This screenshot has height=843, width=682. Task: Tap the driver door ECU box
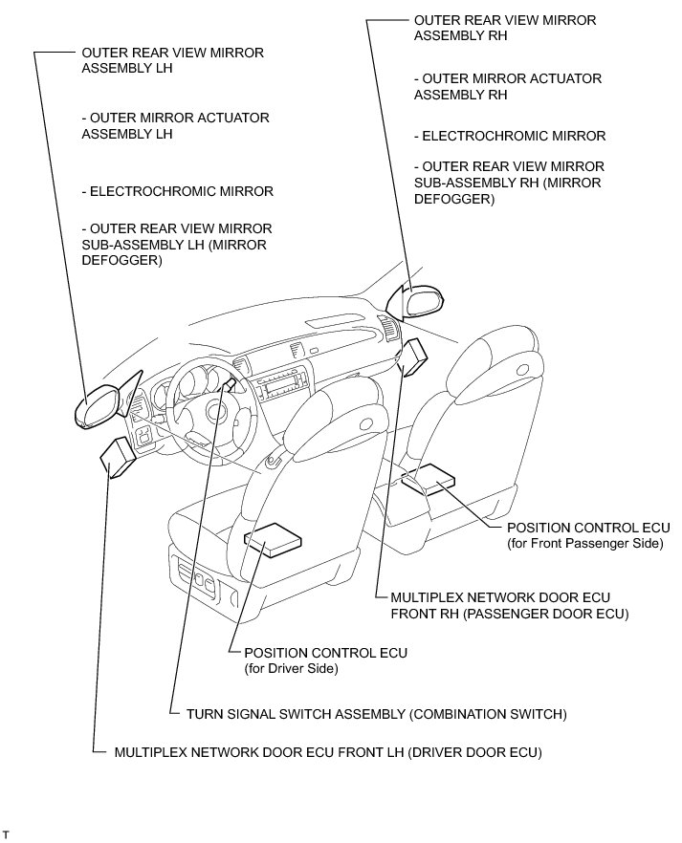pos(119,456)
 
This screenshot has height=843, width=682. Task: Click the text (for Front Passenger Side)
pos(584,543)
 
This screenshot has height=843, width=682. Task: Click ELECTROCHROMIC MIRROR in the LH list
pos(178,191)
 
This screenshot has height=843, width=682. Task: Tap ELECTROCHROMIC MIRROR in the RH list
pos(510,136)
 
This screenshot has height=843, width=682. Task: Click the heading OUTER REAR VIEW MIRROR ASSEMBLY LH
pos(172,60)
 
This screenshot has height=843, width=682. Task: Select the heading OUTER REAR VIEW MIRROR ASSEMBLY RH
pos(504,28)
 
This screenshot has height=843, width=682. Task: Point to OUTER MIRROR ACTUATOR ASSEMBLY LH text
pos(175,125)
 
